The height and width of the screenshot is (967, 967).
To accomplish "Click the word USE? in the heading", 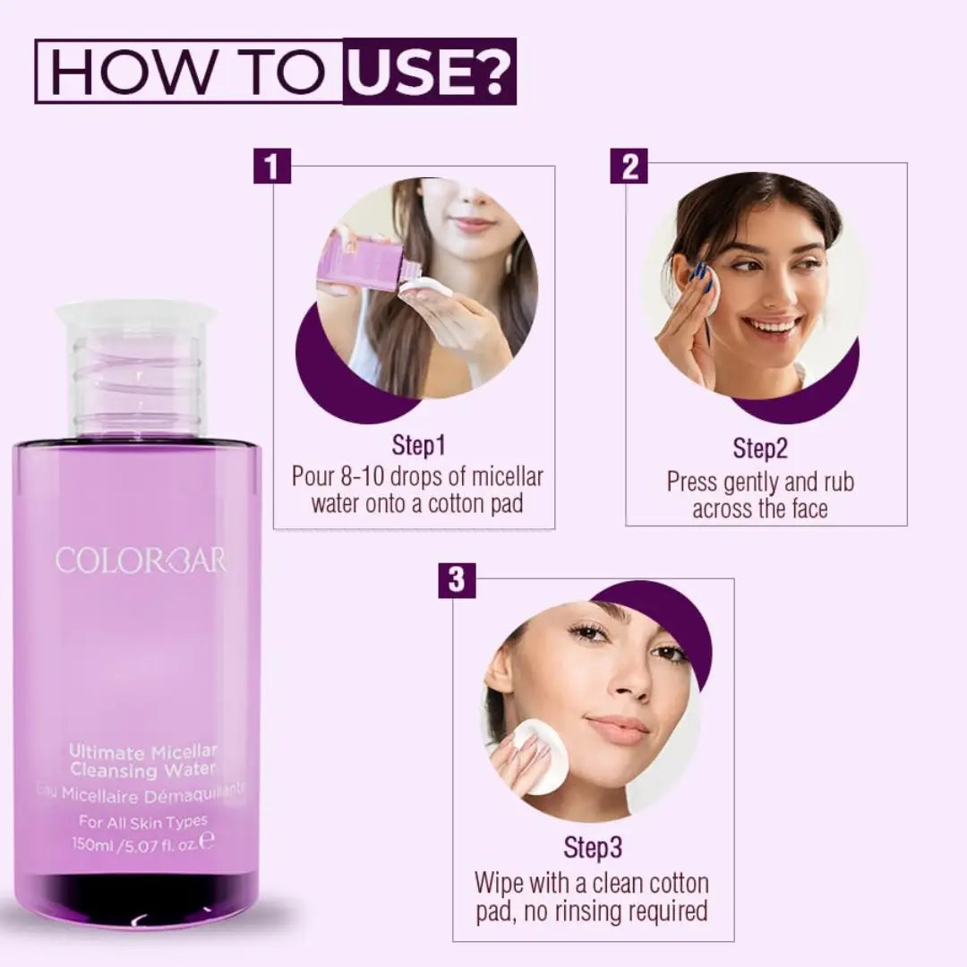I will point(429,72).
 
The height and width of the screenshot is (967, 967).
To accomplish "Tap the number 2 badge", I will point(629,167).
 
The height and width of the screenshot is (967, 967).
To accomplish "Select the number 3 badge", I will point(457,580).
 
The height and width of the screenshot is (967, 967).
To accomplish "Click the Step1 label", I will point(418,445).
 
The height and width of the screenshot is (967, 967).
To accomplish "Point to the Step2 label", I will point(760,448).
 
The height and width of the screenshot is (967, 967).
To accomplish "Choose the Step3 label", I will point(592,847).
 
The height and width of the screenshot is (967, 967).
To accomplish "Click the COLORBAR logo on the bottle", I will point(141,561).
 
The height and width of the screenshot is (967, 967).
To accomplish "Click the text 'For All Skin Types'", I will point(143,821).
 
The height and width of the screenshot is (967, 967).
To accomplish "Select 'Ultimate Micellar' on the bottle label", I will point(143,753).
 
